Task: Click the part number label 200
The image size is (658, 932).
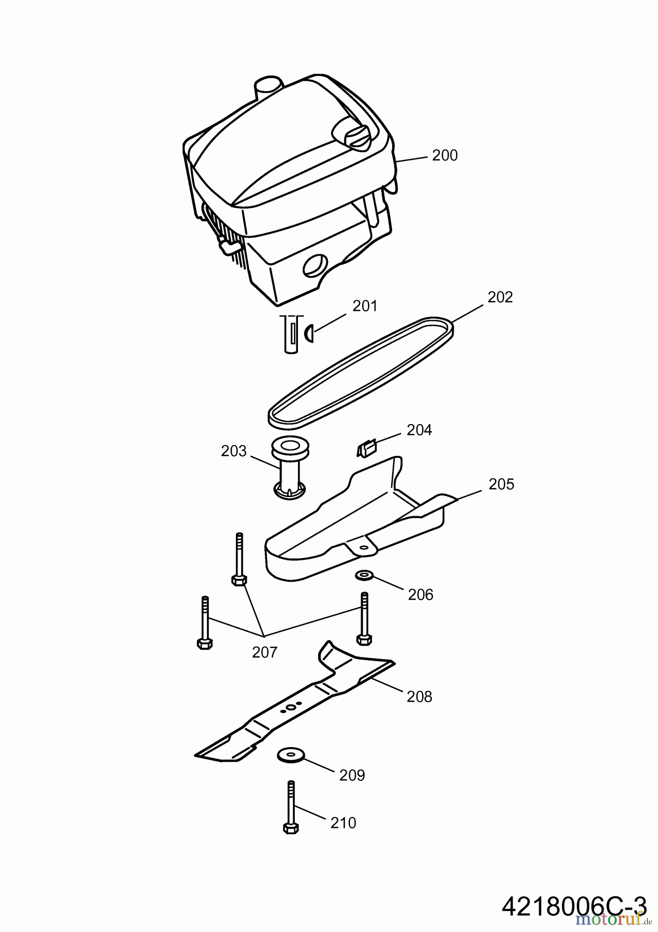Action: (x=445, y=155)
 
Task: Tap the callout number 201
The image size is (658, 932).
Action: (x=365, y=306)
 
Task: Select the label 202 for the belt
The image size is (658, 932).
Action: (x=500, y=297)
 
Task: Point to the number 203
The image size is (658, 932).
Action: (x=233, y=451)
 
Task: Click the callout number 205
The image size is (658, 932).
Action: (x=501, y=484)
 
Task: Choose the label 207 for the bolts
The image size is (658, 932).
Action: (x=264, y=652)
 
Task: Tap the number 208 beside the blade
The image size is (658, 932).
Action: (x=419, y=696)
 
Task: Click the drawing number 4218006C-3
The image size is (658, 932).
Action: (x=574, y=907)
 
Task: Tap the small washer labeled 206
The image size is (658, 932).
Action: (x=365, y=575)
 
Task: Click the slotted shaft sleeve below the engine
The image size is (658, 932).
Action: (x=293, y=333)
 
